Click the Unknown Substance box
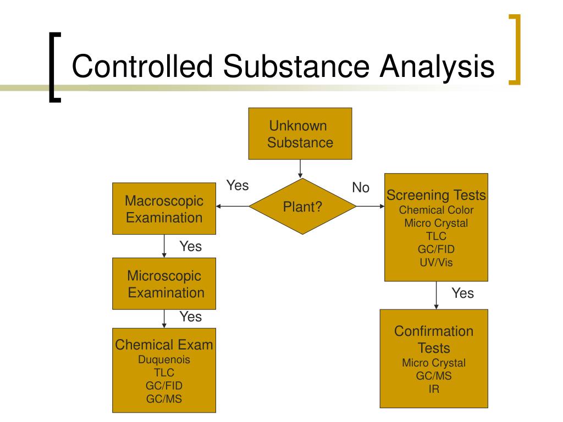click(300, 134)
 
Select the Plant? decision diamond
click(302, 207)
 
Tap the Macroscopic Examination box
click(164, 208)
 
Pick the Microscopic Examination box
click(164, 284)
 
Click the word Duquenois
click(164, 359)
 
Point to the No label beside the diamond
click(361, 187)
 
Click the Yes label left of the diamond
click(238, 186)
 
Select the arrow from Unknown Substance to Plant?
click(300, 169)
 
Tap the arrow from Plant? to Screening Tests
click(370, 207)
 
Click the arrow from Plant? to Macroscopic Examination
click(233, 207)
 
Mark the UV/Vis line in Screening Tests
click(436, 262)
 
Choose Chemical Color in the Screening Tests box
click(436, 210)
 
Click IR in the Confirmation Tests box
click(434, 389)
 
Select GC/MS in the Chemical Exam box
click(164, 399)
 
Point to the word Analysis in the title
click(437, 66)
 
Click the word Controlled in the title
click(142, 66)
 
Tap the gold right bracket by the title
click(515, 49)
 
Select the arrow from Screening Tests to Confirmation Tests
click(436, 295)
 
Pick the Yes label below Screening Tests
click(462, 293)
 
